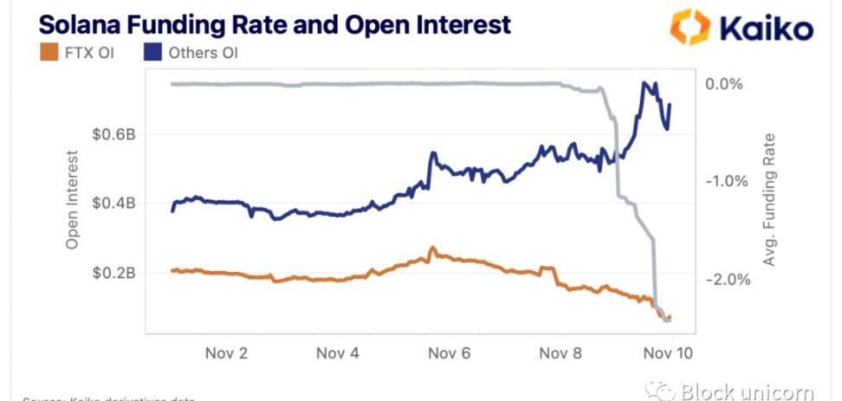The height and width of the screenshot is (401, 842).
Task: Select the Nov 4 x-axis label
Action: click(337, 353)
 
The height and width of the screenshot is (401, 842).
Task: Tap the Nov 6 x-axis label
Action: click(449, 353)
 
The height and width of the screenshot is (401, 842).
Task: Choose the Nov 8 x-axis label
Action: click(560, 353)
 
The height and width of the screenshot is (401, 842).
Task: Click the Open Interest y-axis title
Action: click(73, 200)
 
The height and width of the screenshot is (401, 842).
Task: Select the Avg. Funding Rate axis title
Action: click(769, 200)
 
